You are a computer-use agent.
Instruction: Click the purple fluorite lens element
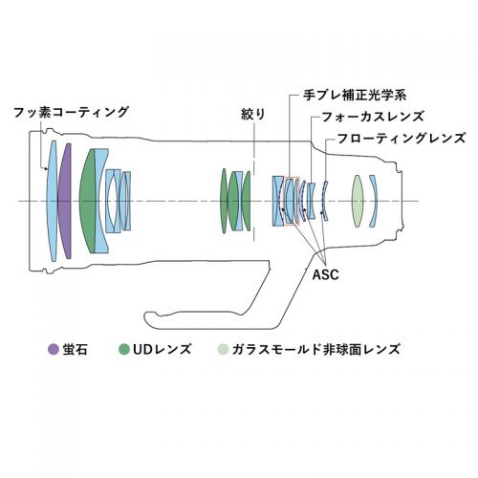coord(65,201)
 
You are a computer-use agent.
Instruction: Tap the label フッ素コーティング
coord(71,113)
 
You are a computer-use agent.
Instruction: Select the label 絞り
coord(253,114)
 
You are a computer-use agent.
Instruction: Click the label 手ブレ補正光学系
coord(355,95)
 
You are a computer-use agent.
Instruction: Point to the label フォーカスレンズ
coord(373,117)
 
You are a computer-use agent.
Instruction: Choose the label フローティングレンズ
coord(402,139)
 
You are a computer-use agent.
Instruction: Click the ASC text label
coord(325,274)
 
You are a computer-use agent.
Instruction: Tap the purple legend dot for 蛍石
coord(54,350)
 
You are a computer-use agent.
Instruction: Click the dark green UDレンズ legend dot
coord(124,350)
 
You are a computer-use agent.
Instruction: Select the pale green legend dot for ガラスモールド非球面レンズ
coord(223,350)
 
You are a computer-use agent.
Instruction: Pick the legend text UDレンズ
coord(163,350)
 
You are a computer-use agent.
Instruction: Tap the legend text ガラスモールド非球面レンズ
coord(315,350)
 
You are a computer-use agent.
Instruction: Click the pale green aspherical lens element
coord(358,201)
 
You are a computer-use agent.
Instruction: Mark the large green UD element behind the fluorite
coord(88,201)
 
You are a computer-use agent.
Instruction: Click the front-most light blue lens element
coord(52,201)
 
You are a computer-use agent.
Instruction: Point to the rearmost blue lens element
coord(374,201)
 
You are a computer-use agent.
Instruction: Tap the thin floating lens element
coord(324,201)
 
